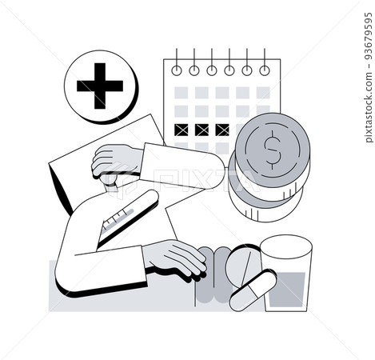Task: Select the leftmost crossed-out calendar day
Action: pyautogui.click(x=182, y=130)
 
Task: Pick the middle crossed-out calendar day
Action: pyautogui.click(x=201, y=130)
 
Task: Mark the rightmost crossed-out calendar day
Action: pyautogui.click(x=221, y=130)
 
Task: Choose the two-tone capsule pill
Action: pyautogui.click(x=253, y=290)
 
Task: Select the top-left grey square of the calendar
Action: pyautogui.click(x=182, y=93)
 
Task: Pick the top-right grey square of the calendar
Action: pyautogui.click(x=263, y=93)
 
